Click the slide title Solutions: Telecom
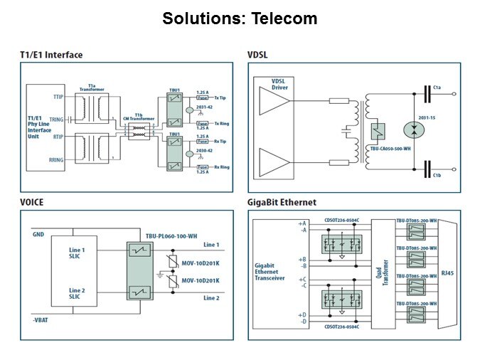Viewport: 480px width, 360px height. pos(240,18)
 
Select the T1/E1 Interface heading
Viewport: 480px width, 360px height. pos(51,55)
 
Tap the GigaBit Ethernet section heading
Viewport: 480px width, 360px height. pos(283,202)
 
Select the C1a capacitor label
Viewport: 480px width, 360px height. pos(437,88)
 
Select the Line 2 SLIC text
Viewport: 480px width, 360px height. pos(78,294)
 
